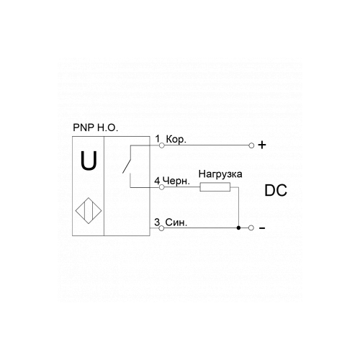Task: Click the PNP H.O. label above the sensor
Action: (96, 127)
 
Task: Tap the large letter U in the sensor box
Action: (89, 161)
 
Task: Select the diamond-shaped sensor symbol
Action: (89, 211)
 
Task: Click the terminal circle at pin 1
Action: (162, 145)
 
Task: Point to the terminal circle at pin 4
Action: (162, 187)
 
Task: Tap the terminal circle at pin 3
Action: (161, 228)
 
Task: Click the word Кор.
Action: (176, 140)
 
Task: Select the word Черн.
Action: (176, 181)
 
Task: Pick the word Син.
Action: (176, 222)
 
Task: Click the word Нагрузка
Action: (220, 174)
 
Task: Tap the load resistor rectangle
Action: (215, 187)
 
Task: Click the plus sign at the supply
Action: (262, 145)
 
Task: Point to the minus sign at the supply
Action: (262, 228)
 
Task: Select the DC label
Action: (276, 190)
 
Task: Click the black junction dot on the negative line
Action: (238, 228)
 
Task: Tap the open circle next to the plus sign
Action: (251, 145)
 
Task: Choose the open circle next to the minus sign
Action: (251, 228)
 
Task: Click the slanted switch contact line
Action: (127, 159)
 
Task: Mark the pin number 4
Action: (157, 181)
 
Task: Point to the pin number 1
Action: (158, 139)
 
